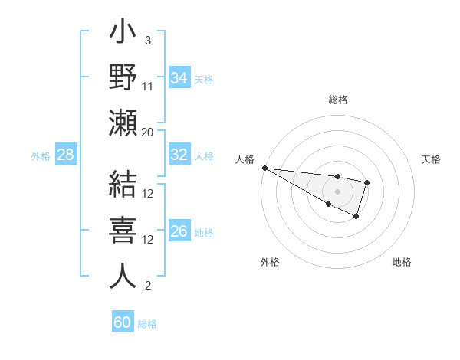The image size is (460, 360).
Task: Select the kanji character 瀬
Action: tap(123, 123)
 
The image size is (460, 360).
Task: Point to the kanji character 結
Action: tap(123, 184)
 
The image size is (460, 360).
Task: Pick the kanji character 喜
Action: tap(123, 230)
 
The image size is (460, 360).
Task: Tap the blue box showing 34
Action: tap(179, 78)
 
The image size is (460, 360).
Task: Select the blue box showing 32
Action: tap(179, 155)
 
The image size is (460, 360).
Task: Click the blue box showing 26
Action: tap(179, 231)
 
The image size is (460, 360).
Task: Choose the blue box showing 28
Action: tap(65, 155)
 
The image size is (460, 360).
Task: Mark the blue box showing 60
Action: tap(123, 322)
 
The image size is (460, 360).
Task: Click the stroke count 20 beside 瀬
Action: tap(148, 132)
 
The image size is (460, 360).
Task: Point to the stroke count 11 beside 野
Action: tap(148, 86)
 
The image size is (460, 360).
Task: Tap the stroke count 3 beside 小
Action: tap(148, 40)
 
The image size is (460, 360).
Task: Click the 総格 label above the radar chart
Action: tap(338, 100)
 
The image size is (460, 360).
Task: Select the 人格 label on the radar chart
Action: tap(245, 159)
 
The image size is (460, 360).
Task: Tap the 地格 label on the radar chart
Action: tap(402, 262)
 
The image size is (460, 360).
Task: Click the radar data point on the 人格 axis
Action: tap(264, 168)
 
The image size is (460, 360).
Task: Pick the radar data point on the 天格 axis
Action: tap(367, 182)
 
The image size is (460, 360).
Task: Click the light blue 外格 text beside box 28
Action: tap(41, 156)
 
